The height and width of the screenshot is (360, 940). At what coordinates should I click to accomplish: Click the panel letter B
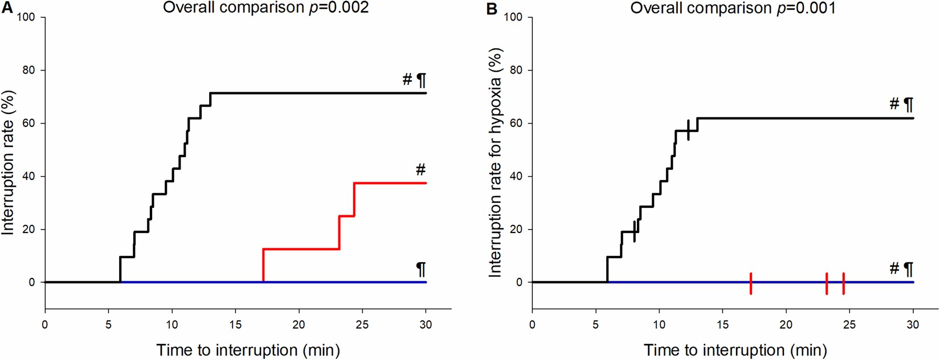pos(492,9)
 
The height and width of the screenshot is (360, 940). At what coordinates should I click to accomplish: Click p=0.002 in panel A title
pos(338,8)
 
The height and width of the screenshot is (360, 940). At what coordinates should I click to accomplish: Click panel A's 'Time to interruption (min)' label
pos(248,350)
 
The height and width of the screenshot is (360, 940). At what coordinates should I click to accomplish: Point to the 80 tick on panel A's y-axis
pos(28,71)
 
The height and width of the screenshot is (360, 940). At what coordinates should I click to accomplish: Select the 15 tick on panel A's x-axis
pos(235,325)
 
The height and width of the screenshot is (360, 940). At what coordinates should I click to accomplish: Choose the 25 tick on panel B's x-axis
pos(849,325)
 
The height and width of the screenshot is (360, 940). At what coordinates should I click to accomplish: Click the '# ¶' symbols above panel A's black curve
pos(414,80)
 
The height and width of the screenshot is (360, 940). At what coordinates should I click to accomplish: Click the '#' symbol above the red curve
pos(420,169)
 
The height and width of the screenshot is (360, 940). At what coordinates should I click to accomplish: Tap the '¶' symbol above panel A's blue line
pos(420,268)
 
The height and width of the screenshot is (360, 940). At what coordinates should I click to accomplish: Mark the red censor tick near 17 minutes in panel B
pos(751,283)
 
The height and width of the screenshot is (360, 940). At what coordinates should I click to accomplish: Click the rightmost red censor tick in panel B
pos(843,283)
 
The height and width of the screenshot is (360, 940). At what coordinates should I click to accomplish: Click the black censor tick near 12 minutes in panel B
pos(688,130)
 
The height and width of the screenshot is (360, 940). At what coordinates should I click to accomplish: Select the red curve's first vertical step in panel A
pos(263,265)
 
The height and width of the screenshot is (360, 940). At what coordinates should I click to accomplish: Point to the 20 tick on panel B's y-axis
pos(516,230)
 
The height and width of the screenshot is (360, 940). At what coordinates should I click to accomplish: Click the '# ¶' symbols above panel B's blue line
pos(901,268)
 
